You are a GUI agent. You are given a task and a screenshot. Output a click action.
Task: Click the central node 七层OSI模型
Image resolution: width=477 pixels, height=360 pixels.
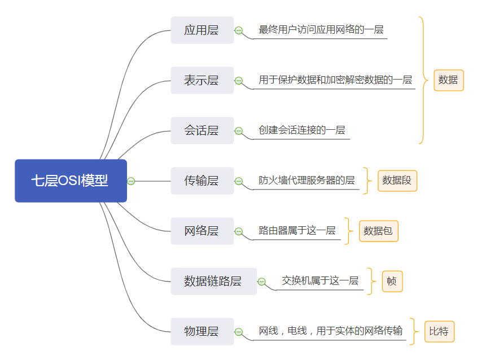point(71,181)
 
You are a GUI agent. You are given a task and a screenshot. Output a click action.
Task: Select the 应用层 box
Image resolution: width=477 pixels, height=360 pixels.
point(202,30)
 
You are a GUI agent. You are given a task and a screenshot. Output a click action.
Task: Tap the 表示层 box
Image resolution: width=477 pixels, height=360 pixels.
point(202,80)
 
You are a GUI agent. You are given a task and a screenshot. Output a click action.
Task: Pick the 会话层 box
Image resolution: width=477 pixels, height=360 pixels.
point(202,130)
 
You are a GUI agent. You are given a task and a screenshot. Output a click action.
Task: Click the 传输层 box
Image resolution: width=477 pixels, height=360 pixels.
point(202,181)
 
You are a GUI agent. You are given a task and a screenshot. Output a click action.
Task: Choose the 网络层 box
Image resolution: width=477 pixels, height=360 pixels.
point(202,231)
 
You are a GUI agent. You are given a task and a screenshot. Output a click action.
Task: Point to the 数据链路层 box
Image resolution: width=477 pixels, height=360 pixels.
point(213,281)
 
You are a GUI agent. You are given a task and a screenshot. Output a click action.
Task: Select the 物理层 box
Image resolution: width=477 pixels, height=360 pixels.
point(202,331)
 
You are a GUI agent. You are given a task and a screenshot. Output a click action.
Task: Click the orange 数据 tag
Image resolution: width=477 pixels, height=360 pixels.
point(448,80)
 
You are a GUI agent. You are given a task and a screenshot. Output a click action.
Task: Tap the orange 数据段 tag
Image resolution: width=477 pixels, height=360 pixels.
point(397,181)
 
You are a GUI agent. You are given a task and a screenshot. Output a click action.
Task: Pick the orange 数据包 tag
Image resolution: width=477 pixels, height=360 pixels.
point(378,231)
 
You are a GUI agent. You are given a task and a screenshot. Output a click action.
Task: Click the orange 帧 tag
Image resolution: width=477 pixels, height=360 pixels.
point(392,281)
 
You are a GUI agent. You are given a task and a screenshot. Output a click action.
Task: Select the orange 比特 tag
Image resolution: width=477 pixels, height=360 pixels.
point(439,331)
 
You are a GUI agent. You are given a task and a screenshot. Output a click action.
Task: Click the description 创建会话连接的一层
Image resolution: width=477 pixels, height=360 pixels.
point(302,130)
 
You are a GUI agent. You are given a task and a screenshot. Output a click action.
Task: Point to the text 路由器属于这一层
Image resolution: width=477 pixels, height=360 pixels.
point(297,230)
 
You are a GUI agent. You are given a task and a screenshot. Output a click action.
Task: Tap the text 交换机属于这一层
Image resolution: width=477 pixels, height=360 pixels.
point(320,280)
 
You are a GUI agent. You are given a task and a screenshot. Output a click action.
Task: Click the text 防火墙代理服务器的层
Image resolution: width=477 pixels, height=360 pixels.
point(307,180)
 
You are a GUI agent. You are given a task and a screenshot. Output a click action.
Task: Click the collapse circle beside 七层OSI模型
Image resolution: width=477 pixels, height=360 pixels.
point(131,181)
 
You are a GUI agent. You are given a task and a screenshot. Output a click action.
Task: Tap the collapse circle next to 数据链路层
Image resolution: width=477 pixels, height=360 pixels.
point(261,282)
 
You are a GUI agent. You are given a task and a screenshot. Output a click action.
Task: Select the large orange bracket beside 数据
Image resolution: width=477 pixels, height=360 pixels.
point(422,80)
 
